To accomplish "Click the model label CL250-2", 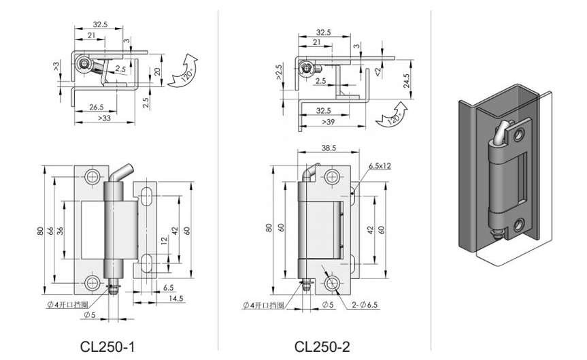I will click(x=322, y=346).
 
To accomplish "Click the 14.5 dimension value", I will click(x=176, y=299).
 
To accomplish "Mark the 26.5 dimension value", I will click(x=96, y=107).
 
